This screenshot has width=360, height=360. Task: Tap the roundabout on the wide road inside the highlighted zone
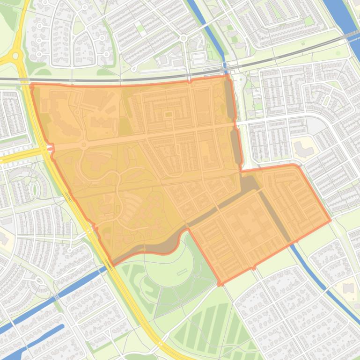[x=84, y=145]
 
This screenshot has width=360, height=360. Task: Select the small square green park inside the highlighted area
[x=168, y=114]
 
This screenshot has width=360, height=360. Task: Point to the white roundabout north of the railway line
[x=184, y=38]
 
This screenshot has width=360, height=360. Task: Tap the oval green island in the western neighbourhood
[x=33, y=189]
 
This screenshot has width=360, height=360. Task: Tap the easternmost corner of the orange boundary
[x=331, y=220]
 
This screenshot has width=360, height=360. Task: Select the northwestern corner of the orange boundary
[x=32, y=86]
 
